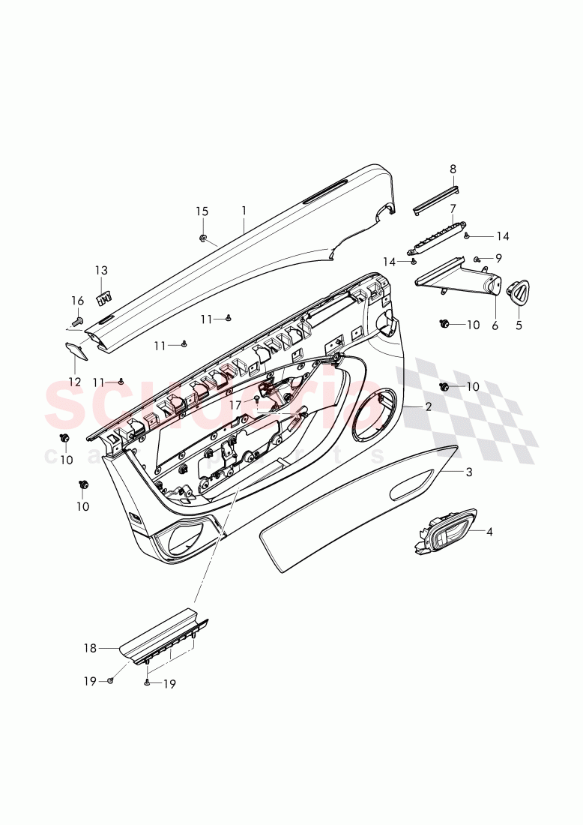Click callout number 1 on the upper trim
point(244,211)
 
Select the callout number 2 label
point(428,406)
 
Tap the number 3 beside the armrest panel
point(469,472)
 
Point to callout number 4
point(489,532)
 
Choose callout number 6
point(495,325)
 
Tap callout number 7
point(453,208)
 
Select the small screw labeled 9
point(477,259)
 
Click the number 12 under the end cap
point(75,382)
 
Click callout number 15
point(202,211)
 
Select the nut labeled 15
point(204,238)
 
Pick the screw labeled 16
point(76,322)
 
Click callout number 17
point(235,404)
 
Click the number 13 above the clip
point(101,270)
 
